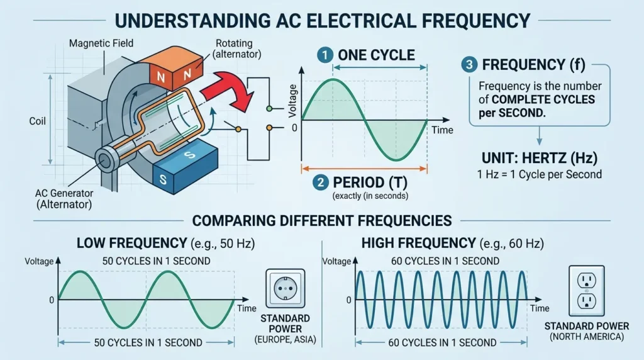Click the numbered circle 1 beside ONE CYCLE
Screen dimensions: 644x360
[325, 55]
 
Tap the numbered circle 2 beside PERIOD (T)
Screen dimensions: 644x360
[320, 182]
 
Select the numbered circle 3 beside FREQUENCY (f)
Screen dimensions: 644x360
[469, 65]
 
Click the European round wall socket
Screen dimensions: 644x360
[286, 288]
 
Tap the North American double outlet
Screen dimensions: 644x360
[587, 291]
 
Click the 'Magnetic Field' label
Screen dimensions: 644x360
[101, 43]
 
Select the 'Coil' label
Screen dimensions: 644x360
[37, 121]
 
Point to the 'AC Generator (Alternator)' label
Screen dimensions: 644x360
[64, 199]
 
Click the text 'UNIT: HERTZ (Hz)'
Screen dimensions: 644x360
[539, 158]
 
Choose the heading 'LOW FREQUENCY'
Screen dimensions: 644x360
[131, 244]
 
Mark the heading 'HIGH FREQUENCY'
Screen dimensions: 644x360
[418, 244]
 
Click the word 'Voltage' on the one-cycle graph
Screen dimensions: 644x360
[293, 101]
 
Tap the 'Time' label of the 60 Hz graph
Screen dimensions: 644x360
[539, 308]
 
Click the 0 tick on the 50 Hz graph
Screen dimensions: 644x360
[52, 300]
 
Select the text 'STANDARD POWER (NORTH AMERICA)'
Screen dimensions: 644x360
[587, 331]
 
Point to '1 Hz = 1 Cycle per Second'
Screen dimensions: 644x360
[539, 174]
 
